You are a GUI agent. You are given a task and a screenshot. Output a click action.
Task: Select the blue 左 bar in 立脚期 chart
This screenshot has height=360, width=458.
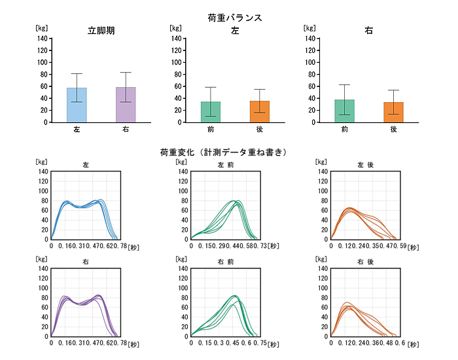(77, 105)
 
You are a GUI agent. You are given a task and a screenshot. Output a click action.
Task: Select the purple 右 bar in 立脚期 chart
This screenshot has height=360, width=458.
(126, 105)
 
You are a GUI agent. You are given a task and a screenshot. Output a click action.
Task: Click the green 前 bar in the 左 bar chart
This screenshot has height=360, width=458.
(211, 112)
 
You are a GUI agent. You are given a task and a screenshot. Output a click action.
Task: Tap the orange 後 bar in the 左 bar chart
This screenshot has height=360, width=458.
(260, 111)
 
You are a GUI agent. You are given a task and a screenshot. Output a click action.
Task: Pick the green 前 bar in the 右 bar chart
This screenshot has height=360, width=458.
(345, 111)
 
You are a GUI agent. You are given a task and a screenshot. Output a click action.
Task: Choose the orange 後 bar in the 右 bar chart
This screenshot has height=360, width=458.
(394, 112)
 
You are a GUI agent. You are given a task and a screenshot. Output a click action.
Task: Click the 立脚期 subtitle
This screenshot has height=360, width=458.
(101, 31)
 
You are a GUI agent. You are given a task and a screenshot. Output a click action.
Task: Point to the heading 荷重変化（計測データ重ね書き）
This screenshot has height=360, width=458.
(224, 153)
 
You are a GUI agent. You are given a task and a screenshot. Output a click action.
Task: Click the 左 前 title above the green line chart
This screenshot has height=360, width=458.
(224, 165)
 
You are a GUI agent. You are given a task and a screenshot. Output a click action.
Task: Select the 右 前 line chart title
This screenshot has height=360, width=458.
(224, 262)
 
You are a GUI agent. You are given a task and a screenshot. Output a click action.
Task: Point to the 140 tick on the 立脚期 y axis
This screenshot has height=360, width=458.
(41, 38)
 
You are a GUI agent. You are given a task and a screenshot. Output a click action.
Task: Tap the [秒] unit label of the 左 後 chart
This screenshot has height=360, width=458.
(414, 247)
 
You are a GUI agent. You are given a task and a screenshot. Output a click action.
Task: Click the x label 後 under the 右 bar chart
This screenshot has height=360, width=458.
(394, 129)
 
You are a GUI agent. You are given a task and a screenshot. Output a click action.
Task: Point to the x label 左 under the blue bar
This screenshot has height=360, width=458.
(77, 129)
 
